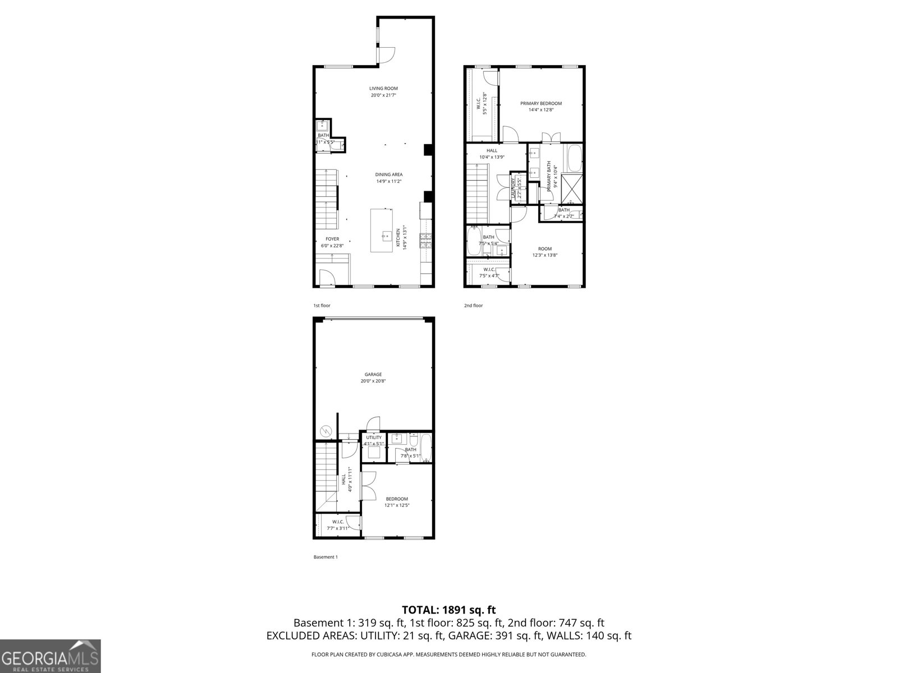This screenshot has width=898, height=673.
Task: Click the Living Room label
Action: [383, 88]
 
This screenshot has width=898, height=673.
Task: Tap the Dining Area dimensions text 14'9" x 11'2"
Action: [389, 181]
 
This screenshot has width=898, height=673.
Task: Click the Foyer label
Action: [332, 239]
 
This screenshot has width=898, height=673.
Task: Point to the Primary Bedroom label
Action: [540, 103]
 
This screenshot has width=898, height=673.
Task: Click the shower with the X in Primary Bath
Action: [572, 188]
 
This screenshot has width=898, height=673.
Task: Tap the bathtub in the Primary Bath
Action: [573, 158]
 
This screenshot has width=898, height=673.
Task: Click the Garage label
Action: [373, 374]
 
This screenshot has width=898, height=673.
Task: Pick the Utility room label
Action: [374, 437]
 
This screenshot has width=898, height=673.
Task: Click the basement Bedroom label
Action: [397, 499]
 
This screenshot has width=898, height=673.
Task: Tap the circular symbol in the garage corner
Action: [326, 431]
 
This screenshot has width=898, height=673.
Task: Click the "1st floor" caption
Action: [322, 306]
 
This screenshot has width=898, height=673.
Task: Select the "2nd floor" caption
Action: [473, 306]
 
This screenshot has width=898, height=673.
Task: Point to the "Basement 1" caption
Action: [325, 557]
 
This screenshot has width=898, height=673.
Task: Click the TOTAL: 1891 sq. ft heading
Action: [448, 610]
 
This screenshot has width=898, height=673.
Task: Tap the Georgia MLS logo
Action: [50, 656]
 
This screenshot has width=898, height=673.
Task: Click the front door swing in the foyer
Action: [326, 278]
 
